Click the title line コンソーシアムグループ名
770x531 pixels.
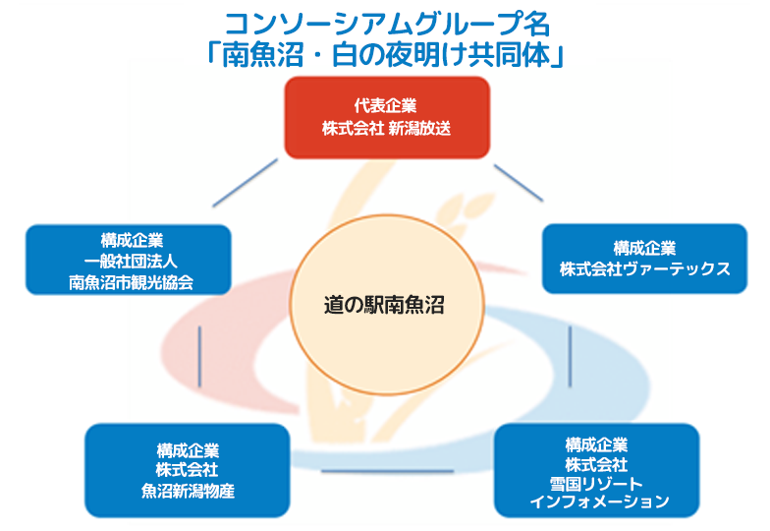[x=385, y=23]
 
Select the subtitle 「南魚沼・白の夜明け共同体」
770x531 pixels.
[x=385, y=53]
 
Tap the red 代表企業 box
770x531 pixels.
[x=386, y=117]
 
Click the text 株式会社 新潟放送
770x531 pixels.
[x=386, y=129]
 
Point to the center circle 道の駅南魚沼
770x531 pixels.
[x=384, y=306]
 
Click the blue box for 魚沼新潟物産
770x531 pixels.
[x=188, y=470]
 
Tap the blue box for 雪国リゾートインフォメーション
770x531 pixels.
[x=597, y=471]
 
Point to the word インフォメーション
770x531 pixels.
[x=597, y=501]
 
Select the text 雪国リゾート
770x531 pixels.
[x=597, y=483]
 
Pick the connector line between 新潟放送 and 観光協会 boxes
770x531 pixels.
[x=245, y=184]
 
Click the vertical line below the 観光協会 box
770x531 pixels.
[x=200, y=355]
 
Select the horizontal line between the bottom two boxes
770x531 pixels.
[x=390, y=471]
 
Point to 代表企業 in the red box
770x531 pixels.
[x=386, y=106]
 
